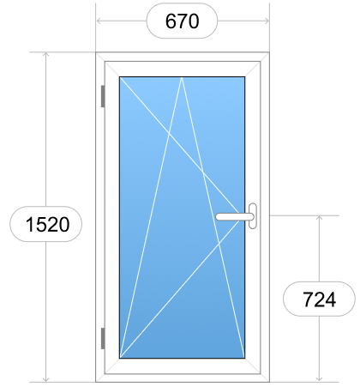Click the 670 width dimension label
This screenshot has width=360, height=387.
182,21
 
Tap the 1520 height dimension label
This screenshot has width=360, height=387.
47,224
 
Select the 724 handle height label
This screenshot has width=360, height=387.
319,299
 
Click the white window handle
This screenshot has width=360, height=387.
237,216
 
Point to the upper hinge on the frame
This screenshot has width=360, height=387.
103,96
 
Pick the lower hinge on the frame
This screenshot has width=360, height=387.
103,338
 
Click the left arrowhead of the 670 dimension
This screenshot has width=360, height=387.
99,21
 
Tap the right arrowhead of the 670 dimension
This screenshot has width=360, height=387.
267,21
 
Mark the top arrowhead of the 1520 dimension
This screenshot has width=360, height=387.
45,55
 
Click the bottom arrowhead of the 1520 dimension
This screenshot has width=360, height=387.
45,379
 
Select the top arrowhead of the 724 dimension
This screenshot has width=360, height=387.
319,218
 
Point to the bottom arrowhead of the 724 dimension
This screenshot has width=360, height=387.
319,379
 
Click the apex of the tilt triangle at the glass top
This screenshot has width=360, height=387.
182,77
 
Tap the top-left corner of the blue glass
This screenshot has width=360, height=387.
120,77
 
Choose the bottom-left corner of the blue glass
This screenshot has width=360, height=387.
120,358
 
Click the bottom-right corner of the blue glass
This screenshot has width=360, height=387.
244,358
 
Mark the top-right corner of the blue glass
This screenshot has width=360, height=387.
244,77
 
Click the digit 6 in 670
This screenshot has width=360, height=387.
171,21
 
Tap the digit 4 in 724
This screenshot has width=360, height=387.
331,299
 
